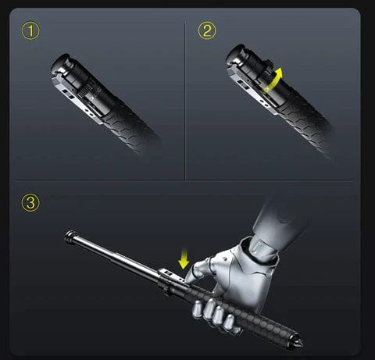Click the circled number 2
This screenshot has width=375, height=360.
(x=207, y=32)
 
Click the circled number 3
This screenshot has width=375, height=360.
(x=29, y=203)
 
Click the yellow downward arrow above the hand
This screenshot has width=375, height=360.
(x=183, y=257)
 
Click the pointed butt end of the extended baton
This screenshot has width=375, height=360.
(x=300, y=344)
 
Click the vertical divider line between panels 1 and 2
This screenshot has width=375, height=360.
(x=185, y=102)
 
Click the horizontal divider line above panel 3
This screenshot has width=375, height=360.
(x=187, y=180)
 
